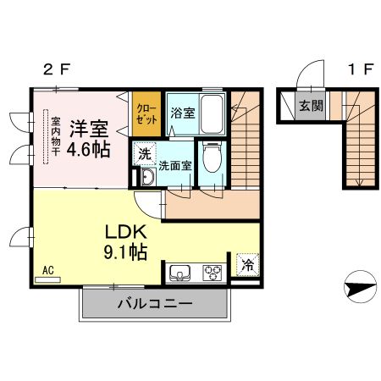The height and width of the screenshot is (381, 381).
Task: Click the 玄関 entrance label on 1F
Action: pyautogui.click(x=311, y=106)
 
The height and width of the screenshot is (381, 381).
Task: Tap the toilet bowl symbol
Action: pyautogui.click(x=213, y=157)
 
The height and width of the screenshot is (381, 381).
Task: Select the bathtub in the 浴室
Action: pyautogui.click(x=212, y=114)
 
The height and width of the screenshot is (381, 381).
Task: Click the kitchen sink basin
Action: pyautogui.click(x=179, y=273)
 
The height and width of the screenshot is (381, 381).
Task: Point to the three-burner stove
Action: pyautogui.click(x=212, y=273)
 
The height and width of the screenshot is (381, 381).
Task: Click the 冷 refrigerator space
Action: pyautogui.click(x=247, y=265)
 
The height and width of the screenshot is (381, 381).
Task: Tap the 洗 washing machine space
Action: pyautogui.click(x=145, y=154)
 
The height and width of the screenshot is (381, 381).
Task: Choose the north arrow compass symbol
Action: pyautogui.click(x=360, y=286)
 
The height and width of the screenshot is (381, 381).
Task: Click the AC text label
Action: pyautogui.click(x=48, y=270)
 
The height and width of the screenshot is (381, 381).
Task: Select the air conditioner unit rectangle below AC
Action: pyautogui.click(x=47, y=279)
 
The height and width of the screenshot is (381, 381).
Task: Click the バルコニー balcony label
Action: pyautogui.click(x=155, y=304)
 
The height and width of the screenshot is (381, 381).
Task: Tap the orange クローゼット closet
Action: pyautogui.click(x=146, y=113)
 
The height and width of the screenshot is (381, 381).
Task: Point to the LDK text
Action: pyautogui.click(x=126, y=232)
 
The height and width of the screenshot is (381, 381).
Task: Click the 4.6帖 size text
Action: pyautogui.click(x=88, y=149)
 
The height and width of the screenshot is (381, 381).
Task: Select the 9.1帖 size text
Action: pyautogui.click(x=125, y=252)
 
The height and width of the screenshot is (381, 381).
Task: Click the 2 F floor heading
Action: pyautogui.click(x=56, y=69)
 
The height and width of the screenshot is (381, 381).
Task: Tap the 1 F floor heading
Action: pyautogui.click(x=361, y=69)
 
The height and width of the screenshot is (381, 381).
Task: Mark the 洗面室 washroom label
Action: pyautogui.click(x=175, y=166)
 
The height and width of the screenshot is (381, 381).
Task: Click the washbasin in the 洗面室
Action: pyautogui.click(x=148, y=177)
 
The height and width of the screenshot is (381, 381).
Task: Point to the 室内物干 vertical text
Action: pyautogui.click(x=56, y=136)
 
